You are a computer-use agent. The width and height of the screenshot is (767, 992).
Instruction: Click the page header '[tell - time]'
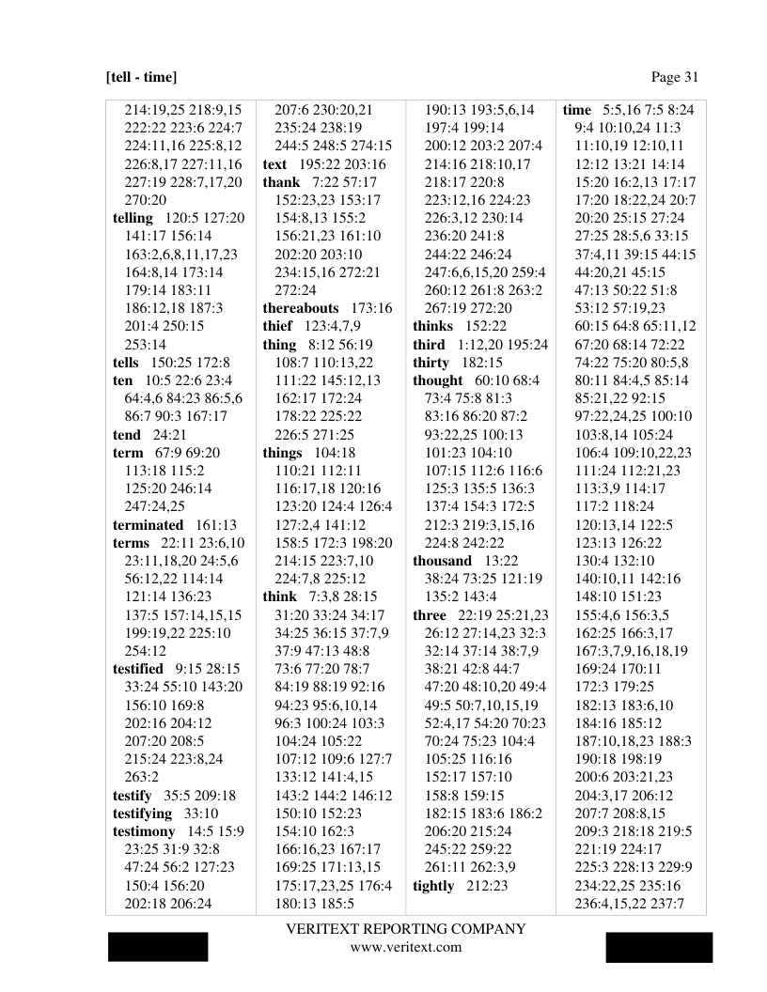pyautogui.click(x=141, y=77)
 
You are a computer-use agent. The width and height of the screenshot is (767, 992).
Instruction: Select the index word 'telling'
pyautogui.click(x=135, y=219)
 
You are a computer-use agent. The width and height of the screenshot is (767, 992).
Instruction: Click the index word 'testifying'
pyautogui.click(x=143, y=814)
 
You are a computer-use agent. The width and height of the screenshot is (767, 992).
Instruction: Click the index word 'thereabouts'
pyautogui.click(x=302, y=308)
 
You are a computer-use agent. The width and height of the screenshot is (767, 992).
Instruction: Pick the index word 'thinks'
pyautogui.click(x=432, y=326)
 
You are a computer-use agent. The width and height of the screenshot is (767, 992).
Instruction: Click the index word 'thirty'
pyautogui.click(x=431, y=362)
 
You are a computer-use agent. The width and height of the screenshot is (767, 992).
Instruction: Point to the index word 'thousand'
pyautogui.click(x=442, y=561)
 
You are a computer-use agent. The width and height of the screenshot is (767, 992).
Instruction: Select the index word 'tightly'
pyautogui.click(x=433, y=886)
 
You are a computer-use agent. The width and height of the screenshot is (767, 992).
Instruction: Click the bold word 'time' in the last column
pyautogui.click(x=577, y=110)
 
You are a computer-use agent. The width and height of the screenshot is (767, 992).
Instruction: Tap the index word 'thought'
pyautogui.click(x=438, y=380)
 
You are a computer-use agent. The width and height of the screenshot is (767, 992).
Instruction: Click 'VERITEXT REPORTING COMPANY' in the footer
pyautogui.click(x=406, y=929)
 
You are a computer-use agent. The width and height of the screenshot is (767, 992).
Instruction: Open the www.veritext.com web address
pyautogui.click(x=406, y=947)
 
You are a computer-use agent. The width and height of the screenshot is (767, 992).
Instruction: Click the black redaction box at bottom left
pyautogui.click(x=158, y=947)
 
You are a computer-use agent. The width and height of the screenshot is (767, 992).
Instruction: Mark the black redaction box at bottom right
pyautogui.click(x=658, y=947)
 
